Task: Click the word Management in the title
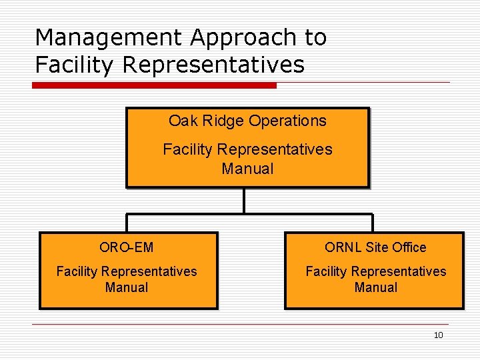[109, 38]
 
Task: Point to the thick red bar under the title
[155, 85]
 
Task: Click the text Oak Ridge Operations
[247, 121]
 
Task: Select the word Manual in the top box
[247, 169]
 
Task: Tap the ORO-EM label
[127, 247]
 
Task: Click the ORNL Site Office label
[375, 247]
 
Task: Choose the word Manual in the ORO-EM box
[127, 287]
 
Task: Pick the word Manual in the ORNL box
[376, 287]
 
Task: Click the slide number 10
[438, 335]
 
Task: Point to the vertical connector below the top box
[245, 200]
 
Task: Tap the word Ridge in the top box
[219, 121]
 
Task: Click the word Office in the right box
[409, 247]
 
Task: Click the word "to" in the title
[316, 38]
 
